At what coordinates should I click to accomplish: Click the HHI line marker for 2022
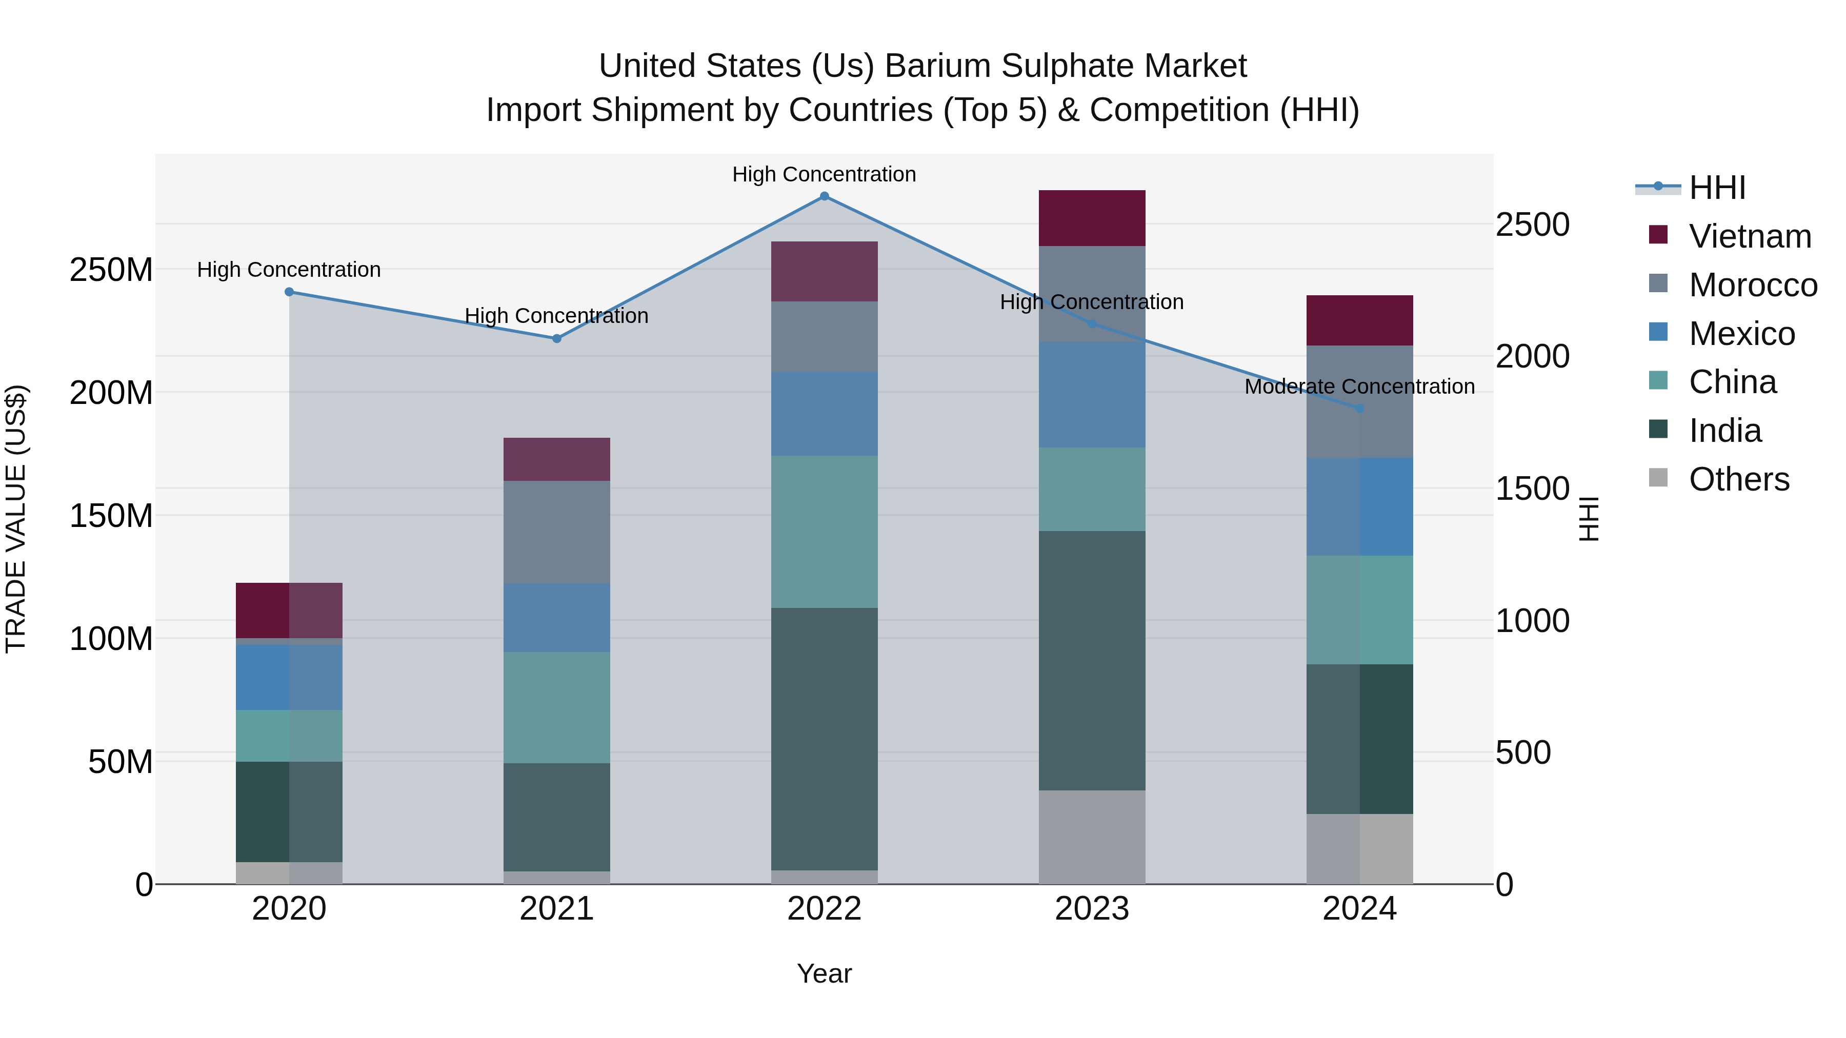pos(824,196)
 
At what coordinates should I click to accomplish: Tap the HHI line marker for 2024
pos(1359,409)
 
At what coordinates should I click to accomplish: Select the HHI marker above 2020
pos(290,292)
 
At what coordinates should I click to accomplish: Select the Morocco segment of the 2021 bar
pos(557,532)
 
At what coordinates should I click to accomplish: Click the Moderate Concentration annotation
pos(1359,387)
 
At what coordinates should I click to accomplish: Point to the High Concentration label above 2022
pos(824,174)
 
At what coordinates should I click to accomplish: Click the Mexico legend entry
pos(1741,334)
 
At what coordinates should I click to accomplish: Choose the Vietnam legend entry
pos(1749,236)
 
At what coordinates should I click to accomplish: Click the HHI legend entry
pos(1717,188)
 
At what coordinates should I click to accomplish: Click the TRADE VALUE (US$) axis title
pos(16,519)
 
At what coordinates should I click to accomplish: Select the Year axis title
pos(824,973)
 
